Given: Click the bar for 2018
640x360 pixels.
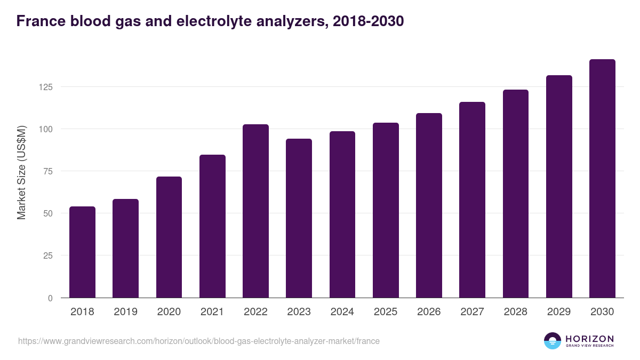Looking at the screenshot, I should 82,252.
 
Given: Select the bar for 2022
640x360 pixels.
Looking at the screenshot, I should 255,211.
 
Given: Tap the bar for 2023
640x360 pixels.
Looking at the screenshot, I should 299,218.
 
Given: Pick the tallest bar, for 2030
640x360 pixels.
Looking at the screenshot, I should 602,179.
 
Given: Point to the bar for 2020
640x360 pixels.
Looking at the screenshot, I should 169,237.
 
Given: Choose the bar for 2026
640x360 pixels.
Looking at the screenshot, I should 429,205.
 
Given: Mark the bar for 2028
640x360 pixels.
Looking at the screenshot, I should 516,194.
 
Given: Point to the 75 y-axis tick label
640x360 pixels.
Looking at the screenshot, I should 48,171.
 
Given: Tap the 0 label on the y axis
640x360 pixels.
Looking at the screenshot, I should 50,298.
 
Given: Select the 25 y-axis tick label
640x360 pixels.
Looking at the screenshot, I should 48,255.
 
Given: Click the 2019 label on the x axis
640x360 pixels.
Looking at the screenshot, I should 125,312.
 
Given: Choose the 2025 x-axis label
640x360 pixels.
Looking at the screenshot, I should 386,312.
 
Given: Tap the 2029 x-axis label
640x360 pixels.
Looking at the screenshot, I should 559,312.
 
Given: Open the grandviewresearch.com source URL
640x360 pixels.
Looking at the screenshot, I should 199,341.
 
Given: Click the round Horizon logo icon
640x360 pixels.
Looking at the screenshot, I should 552,341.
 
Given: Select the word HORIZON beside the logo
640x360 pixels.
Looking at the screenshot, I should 589,338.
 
